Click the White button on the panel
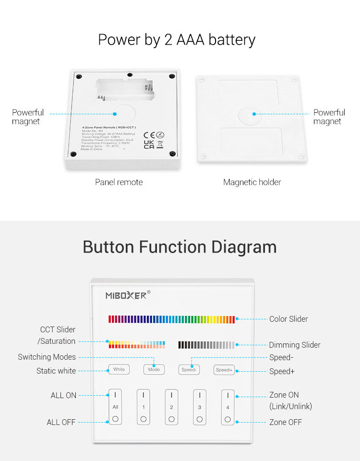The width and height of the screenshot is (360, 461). (119, 369)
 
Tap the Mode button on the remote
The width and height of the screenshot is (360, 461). (154, 370)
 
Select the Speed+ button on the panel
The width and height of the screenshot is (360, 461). (224, 370)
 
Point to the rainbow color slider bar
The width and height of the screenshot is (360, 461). (171, 319)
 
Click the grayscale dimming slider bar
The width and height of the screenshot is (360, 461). (206, 344)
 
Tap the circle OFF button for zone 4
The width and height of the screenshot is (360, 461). (228, 419)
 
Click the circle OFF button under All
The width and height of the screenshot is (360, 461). (115, 419)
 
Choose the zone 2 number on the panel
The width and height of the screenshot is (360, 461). (171, 407)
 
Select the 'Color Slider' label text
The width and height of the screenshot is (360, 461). (288, 319)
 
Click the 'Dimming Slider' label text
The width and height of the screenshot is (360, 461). (294, 345)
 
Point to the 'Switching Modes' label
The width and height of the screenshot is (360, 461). (47, 357)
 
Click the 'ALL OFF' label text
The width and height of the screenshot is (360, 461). (61, 422)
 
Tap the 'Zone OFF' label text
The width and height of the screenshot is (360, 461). (285, 422)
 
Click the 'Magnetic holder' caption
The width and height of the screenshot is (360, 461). (252, 182)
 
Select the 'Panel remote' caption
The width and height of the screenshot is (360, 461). (119, 182)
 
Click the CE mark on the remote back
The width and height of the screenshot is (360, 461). (149, 135)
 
